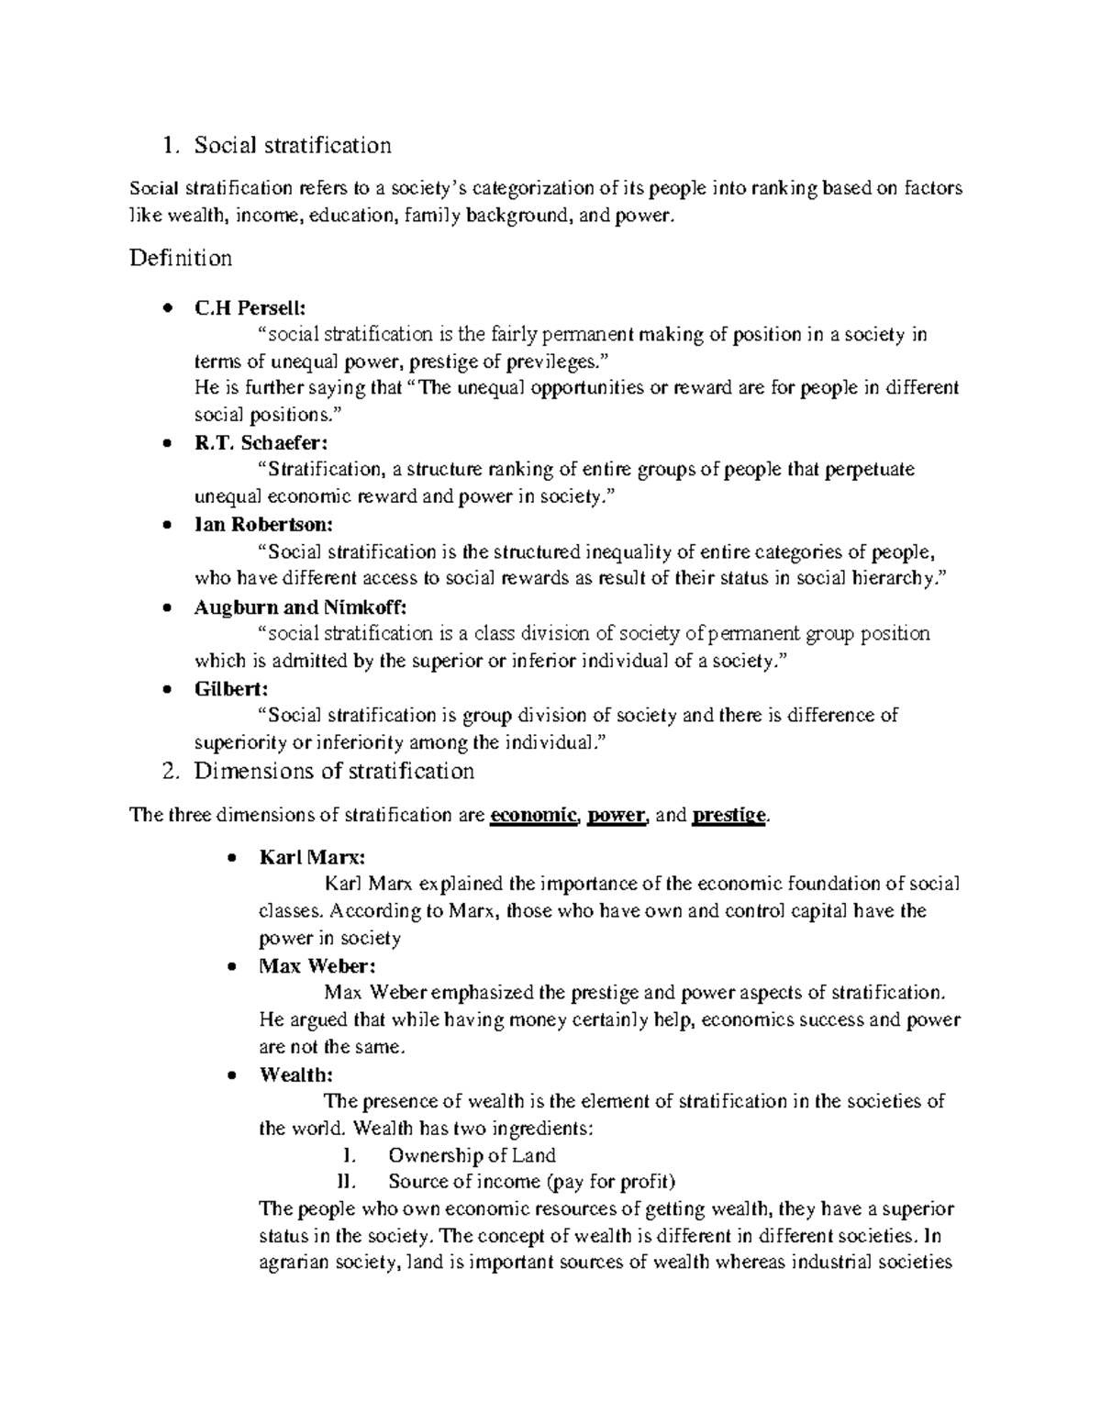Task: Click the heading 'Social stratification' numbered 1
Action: click(293, 145)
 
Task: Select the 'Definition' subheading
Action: click(181, 258)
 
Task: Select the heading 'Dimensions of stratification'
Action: click(334, 771)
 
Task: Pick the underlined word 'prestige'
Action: click(728, 816)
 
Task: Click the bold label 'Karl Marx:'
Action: click(312, 858)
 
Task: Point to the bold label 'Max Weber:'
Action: click(317, 966)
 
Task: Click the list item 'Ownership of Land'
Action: click(472, 1155)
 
